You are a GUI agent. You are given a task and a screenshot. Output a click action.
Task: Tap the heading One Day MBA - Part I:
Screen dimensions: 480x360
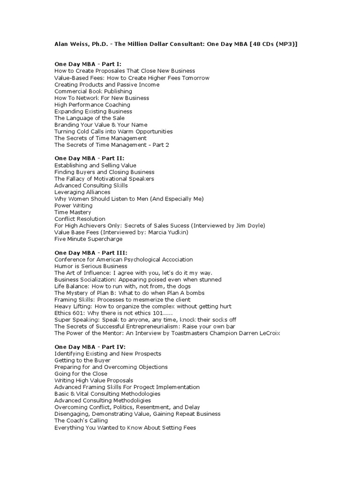88,64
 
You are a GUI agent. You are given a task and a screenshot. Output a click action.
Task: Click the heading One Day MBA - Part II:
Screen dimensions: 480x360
89,158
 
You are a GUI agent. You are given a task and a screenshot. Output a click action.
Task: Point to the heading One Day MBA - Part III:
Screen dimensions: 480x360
90,253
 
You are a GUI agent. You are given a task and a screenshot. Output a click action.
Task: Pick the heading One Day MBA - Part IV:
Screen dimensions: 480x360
90,347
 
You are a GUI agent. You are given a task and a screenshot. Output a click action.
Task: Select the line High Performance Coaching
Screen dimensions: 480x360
92,105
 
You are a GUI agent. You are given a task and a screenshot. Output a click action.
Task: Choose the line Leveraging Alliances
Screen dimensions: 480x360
82,192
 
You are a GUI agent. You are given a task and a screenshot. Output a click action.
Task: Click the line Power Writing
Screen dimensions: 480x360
73,206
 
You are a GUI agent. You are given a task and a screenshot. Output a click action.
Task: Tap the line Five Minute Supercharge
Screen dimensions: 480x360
89,239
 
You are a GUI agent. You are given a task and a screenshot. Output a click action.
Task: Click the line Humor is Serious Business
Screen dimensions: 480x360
90,266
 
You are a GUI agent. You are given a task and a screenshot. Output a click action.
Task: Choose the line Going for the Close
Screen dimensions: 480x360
81,374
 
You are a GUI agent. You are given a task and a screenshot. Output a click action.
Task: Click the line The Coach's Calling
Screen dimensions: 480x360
81,421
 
